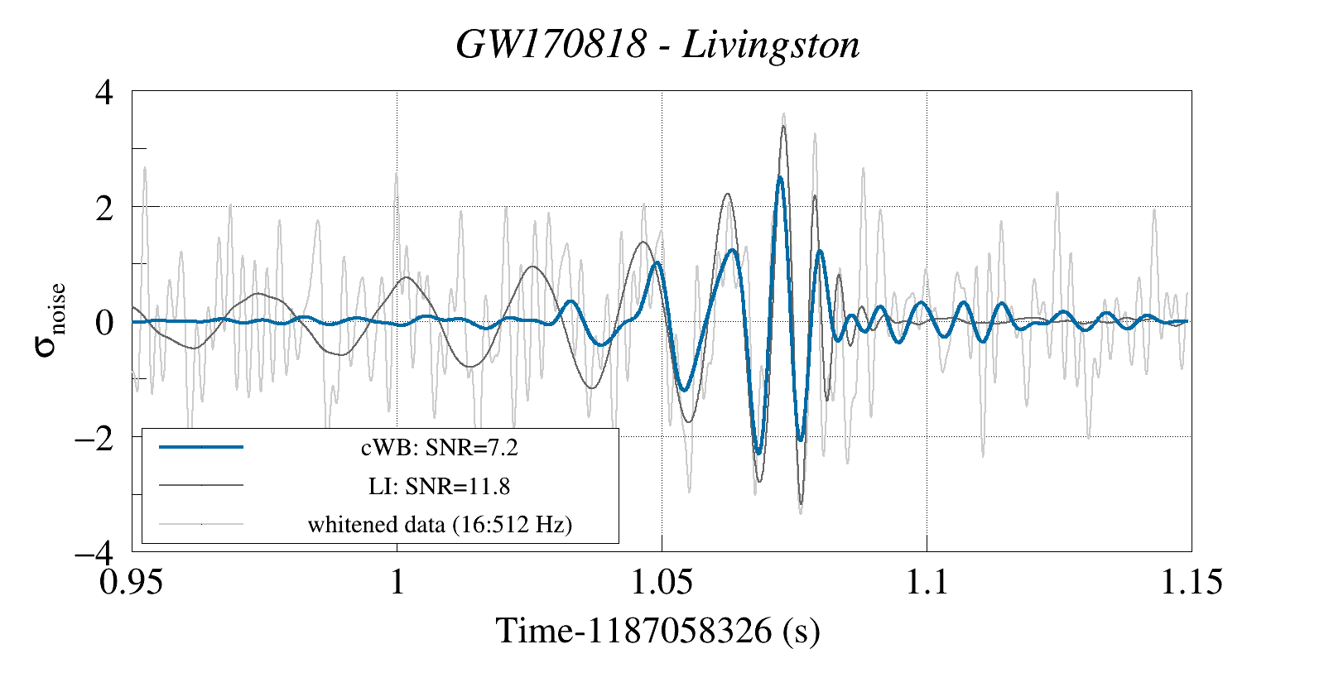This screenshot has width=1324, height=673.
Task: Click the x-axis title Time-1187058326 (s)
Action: coord(657,631)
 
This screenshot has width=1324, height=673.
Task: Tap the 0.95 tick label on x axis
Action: coord(131,582)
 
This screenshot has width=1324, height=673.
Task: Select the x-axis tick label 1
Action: coord(397,582)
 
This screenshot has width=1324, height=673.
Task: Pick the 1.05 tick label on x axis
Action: coord(661,582)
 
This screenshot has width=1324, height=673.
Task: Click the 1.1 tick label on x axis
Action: coord(926,582)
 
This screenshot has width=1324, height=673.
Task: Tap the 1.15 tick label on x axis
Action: coord(1191,582)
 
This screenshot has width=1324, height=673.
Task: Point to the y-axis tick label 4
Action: coord(104,92)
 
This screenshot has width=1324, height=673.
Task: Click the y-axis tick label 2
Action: coord(104,208)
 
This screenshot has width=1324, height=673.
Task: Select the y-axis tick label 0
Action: coord(104,322)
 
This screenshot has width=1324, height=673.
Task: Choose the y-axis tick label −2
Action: coord(94,437)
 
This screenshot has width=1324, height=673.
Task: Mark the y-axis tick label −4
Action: coord(94,552)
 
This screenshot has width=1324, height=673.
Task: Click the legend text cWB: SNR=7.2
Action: coord(439,448)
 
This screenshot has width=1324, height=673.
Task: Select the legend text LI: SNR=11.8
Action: coord(439,486)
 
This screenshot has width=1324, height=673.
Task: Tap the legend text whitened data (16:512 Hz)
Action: coord(439,524)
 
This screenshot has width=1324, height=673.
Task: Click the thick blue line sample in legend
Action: coord(201,447)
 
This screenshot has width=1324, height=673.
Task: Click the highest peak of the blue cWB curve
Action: coord(780,177)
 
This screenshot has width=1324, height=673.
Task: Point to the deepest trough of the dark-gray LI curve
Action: coord(801,502)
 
